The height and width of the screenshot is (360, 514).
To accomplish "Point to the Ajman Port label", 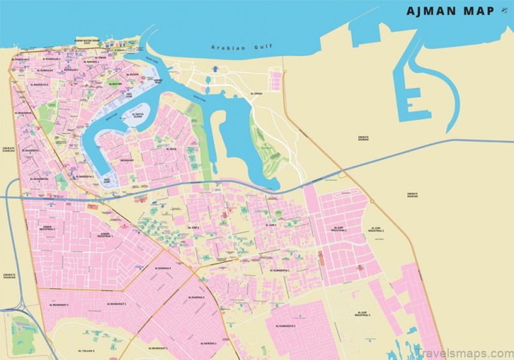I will pos(158,82).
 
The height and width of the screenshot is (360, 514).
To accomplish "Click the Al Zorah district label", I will pos(257,94).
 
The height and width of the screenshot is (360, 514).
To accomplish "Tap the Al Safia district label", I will pos(172,149).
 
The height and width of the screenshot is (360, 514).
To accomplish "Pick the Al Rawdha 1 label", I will pos(209,343).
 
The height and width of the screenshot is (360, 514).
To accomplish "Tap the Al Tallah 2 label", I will pos(85,351).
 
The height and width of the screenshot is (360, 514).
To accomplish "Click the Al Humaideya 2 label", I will pos(286,325).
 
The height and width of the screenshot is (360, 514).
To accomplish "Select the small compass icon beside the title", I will pos(504,10).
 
